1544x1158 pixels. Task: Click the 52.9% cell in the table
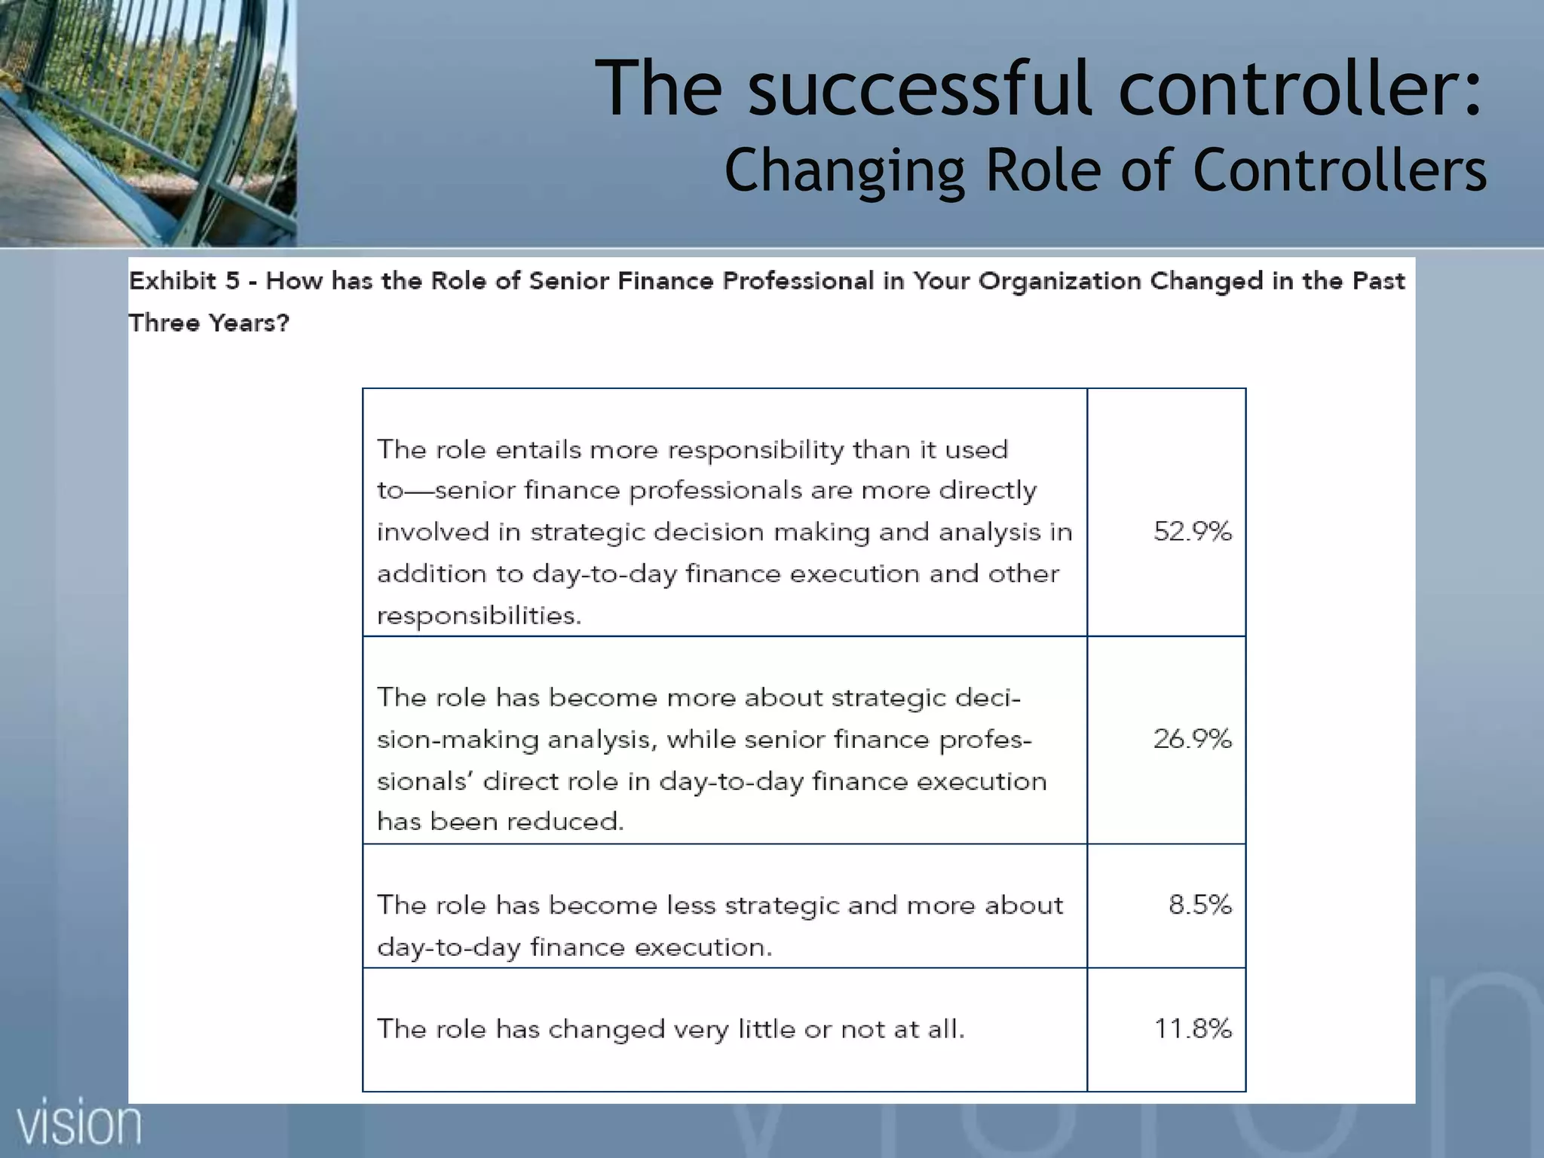click(1192, 532)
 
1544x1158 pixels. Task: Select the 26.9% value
click(1192, 739)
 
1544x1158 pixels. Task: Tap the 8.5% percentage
click(1199, 904)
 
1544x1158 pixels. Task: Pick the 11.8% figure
click(1193, 1028)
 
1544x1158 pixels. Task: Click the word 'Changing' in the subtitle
click(844, 170)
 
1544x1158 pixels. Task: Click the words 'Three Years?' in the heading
click(209, 323)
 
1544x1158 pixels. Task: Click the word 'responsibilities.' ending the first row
click(479, 616)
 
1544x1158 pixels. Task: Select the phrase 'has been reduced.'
click(500, 821)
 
